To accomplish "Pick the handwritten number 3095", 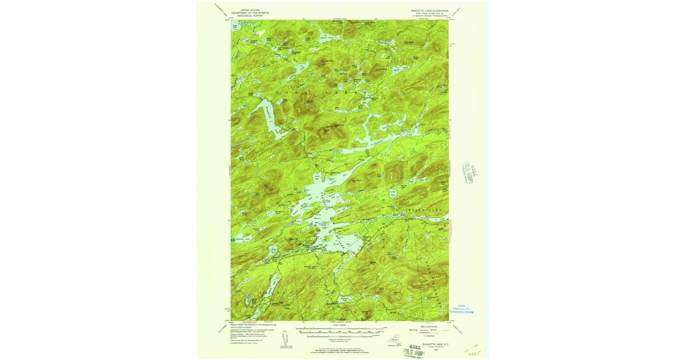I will (476, 353).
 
